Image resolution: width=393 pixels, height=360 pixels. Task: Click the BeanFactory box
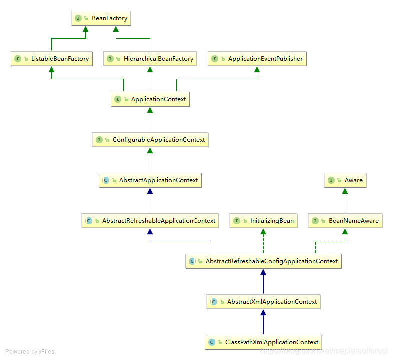[101, 18]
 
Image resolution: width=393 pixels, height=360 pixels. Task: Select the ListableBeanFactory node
[52, 59]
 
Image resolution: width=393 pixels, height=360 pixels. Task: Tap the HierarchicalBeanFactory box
[150, 59]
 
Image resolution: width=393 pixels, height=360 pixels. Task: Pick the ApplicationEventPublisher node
[257, 59]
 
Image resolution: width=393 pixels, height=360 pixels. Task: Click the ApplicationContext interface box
[150, 99]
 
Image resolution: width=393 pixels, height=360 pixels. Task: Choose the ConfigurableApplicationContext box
[150, 140]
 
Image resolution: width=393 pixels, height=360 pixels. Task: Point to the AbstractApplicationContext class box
[150, 180]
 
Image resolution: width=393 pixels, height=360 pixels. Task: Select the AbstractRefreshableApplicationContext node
[150, 221]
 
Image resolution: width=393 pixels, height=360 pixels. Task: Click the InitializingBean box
[264, 221]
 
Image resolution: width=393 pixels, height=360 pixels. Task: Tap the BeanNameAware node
[345, 221]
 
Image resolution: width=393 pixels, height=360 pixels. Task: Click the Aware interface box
[345, 180]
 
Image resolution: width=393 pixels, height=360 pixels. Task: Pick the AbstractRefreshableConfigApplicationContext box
[263, 261]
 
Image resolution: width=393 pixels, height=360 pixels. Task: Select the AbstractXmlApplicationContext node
[263, 302]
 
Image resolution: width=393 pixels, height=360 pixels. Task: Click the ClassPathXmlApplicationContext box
[263, 342]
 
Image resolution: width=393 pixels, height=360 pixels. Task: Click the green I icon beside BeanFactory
[78, 18]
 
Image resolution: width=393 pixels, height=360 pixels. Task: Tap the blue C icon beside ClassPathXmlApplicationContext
[212, 342]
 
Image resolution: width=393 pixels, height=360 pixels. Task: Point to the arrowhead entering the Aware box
[345, 191]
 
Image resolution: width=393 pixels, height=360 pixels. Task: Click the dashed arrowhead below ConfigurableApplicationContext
[150, 150]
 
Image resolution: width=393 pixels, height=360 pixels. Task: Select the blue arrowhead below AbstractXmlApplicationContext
[263, 312]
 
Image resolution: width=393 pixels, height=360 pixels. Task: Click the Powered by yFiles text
[30, 352]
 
